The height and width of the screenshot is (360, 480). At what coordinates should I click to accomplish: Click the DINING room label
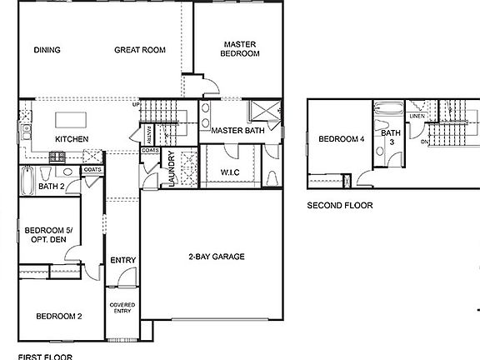47,50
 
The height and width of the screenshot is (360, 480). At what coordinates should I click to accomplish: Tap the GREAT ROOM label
140,50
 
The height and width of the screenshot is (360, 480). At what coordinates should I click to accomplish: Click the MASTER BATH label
237,132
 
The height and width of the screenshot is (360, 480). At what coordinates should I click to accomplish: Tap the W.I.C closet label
231,172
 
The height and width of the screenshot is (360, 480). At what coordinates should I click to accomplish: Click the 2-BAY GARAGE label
216,257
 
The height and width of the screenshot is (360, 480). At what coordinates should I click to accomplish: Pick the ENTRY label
122,261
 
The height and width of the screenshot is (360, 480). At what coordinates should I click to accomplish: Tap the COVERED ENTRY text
122,308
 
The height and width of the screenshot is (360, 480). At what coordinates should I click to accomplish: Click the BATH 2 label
52,187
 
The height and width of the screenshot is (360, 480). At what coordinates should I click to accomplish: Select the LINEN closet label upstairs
417,116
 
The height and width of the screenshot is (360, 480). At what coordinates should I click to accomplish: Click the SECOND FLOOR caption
340,205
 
